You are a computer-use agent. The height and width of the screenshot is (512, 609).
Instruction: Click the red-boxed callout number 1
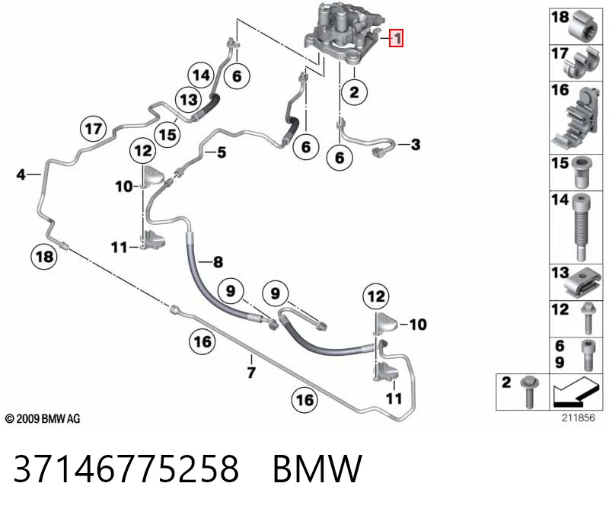point(397,38)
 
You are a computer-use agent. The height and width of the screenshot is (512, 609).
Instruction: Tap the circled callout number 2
point(354,92)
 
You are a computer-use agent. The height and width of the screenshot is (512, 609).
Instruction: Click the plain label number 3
point(416,145)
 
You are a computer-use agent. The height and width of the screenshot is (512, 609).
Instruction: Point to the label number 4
point(21,174)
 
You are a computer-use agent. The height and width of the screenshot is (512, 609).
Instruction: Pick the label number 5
point(222,152)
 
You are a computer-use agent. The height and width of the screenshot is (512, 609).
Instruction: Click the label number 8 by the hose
point(218,262)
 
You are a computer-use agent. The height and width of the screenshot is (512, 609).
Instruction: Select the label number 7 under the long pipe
point(251,373)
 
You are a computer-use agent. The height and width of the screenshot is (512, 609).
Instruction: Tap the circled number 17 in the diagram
point(93,129)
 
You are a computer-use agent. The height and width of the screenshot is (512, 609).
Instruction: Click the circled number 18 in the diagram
point(44,257)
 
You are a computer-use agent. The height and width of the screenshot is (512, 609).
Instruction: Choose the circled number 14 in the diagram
point(201,75)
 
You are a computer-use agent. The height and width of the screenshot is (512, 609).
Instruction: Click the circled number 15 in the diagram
point(167,135)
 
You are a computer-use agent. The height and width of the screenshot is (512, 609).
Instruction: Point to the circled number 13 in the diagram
point(189,100)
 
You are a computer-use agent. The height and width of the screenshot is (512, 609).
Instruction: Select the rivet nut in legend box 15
point(581,172)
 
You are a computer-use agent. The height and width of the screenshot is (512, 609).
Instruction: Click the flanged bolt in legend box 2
point(528,392)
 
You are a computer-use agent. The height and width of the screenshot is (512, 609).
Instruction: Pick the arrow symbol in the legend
point(576,392)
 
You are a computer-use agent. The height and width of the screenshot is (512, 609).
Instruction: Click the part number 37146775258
point(126,469)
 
